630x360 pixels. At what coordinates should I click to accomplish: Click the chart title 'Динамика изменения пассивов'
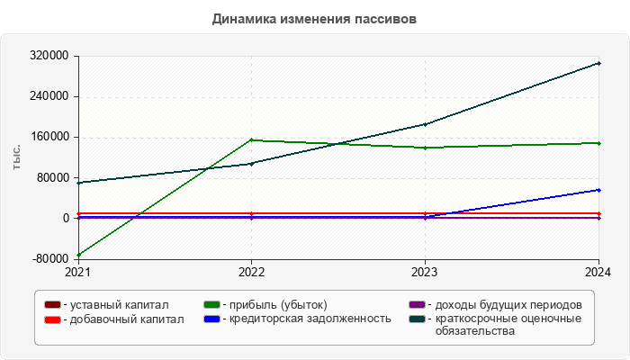pos(315,19)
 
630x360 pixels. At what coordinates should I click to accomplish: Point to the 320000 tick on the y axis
pos(51,56)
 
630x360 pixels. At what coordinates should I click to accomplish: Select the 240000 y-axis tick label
pos(51,96)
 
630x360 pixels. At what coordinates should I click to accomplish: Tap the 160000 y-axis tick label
pos(51,137)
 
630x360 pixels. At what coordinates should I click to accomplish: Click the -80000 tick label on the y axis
pos(50,259)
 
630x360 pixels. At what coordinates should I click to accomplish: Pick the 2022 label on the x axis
pos(251,271)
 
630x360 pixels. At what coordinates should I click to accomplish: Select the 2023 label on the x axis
pos(425,271)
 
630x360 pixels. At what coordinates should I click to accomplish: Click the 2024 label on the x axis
pos(598,271)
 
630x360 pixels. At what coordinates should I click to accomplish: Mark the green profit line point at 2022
pos(251,139)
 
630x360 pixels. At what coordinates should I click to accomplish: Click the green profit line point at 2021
pos(78,255)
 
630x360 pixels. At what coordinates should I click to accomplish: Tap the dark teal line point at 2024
pos(598,63)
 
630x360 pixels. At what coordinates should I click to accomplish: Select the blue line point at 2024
pos(598,190)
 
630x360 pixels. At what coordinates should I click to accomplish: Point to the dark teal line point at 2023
pos(425,124)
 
